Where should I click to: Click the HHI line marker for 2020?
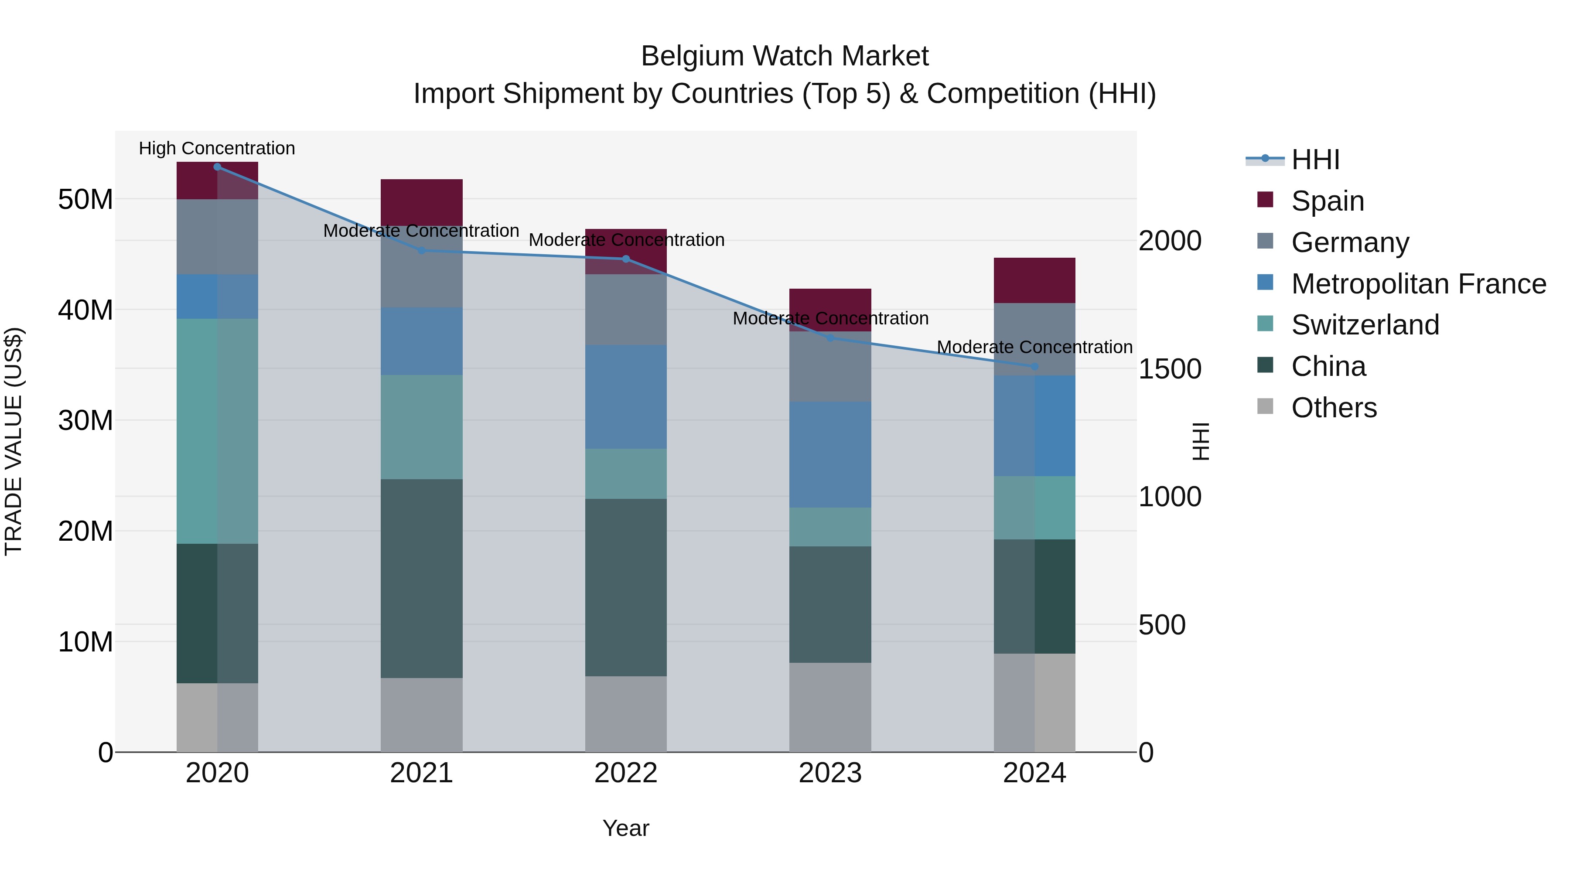218,167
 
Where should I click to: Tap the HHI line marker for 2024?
1034,367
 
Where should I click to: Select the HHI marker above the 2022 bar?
626,259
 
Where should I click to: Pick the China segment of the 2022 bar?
626,587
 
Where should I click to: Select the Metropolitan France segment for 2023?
830,455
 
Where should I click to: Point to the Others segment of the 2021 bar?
422,715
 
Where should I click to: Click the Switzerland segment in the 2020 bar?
218,431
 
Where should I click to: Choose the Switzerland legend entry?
1365,325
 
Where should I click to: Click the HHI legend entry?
1315,160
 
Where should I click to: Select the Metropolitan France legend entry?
1418,284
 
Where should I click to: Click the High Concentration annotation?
217,148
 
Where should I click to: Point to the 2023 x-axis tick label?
830,773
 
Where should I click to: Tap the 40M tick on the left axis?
85,310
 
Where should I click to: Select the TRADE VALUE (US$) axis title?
14,441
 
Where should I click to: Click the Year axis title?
626,828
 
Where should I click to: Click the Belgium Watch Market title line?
785,56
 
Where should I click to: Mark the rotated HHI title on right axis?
1200,441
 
